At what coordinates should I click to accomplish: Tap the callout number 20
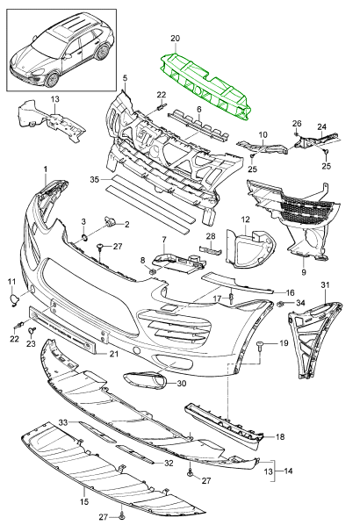(175, 39)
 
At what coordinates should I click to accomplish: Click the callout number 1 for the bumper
(45, 167)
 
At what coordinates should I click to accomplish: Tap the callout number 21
(113, 354)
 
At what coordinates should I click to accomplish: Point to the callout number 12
(246, 219)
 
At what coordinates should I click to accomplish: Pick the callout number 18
(281, 436)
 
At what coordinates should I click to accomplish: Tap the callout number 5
(125, 78)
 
